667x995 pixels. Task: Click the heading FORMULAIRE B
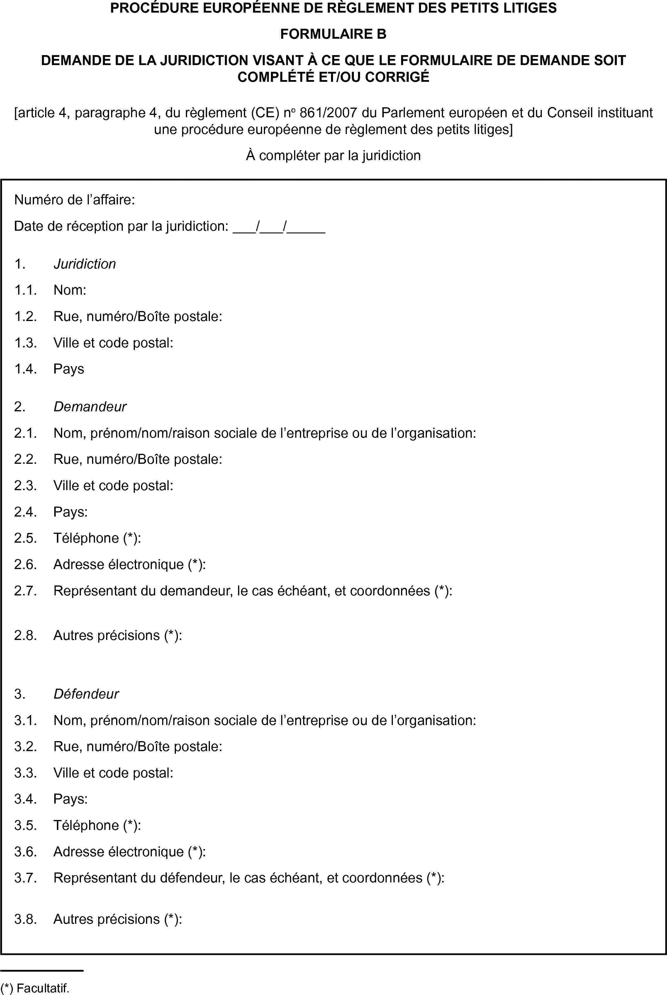333,34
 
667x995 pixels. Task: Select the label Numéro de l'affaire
74,200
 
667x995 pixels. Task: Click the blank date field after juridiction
279,226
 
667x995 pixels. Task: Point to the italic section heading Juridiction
85,264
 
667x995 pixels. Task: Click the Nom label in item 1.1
70,290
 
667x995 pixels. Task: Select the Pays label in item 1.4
69,369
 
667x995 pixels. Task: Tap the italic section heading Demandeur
90,407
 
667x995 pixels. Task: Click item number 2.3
25,485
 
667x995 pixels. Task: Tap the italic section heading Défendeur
86,694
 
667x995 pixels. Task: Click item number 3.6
25,852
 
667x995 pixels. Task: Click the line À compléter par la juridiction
333,156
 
